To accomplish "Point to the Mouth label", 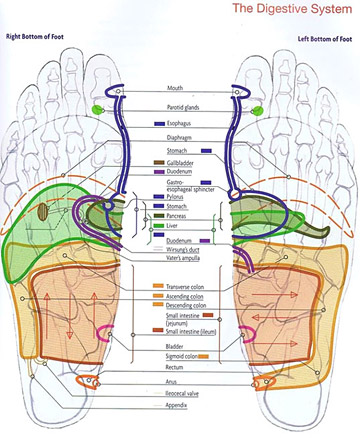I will tap(176, 89).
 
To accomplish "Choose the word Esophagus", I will tap(183, 123).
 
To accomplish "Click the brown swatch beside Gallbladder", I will tap(159, 162).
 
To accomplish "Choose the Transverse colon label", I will tap(189, 287).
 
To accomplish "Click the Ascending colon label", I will tap(188, 298).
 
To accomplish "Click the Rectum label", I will tap(179, 367).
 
